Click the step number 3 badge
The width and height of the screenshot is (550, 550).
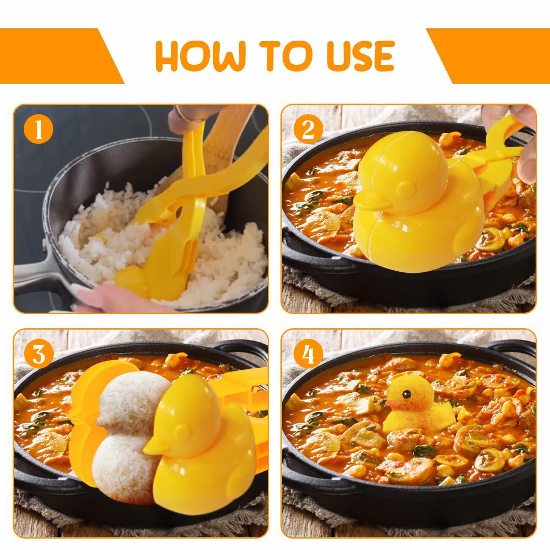(39, 355)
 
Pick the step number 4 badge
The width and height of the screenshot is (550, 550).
(308, 355)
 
